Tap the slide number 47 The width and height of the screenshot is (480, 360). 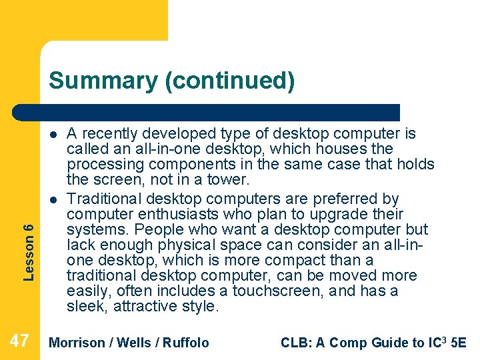click(x=20, y=342)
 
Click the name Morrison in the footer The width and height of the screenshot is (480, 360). click(x=77, y=343)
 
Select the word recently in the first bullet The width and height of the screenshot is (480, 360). click(x=107, y=133)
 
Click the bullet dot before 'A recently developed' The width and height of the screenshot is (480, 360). click(x=53, y=133)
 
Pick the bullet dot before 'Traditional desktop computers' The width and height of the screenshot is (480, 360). click(x=53, y=199)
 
